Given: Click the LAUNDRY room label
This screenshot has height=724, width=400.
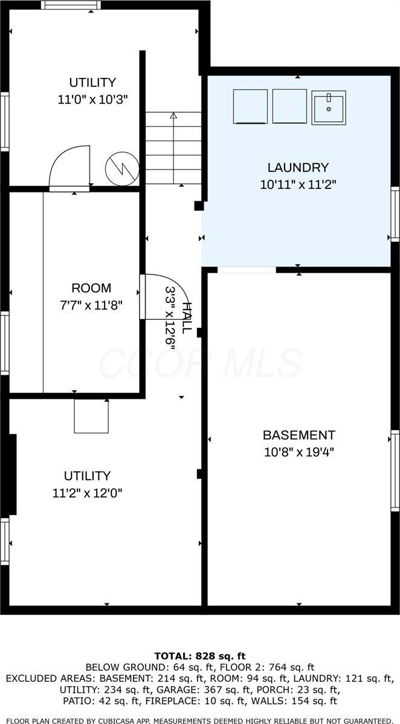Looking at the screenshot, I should (298, 168).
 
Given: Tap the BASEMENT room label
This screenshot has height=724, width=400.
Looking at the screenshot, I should (298, 435).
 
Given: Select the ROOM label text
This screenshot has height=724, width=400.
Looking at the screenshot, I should (91, 288).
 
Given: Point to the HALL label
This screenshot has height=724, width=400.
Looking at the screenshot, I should (187, 317).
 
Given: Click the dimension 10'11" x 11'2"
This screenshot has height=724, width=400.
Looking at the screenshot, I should (298, 185).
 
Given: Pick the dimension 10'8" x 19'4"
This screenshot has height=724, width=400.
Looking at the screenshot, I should (298, 452).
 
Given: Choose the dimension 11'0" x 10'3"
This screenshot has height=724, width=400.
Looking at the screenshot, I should (92, 100).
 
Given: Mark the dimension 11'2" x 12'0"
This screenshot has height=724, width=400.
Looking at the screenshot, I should (88, 493).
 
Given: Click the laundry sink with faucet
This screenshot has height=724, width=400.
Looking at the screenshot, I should (329, 107).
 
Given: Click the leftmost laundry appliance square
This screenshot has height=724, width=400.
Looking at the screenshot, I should (250, 106).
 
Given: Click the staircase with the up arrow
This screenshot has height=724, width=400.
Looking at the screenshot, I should (173, 148).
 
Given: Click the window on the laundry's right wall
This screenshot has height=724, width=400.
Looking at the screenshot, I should (395, 214).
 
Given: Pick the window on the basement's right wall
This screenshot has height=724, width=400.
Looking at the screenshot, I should (395, 471).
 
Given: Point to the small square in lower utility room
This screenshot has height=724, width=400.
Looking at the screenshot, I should (91, 416).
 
